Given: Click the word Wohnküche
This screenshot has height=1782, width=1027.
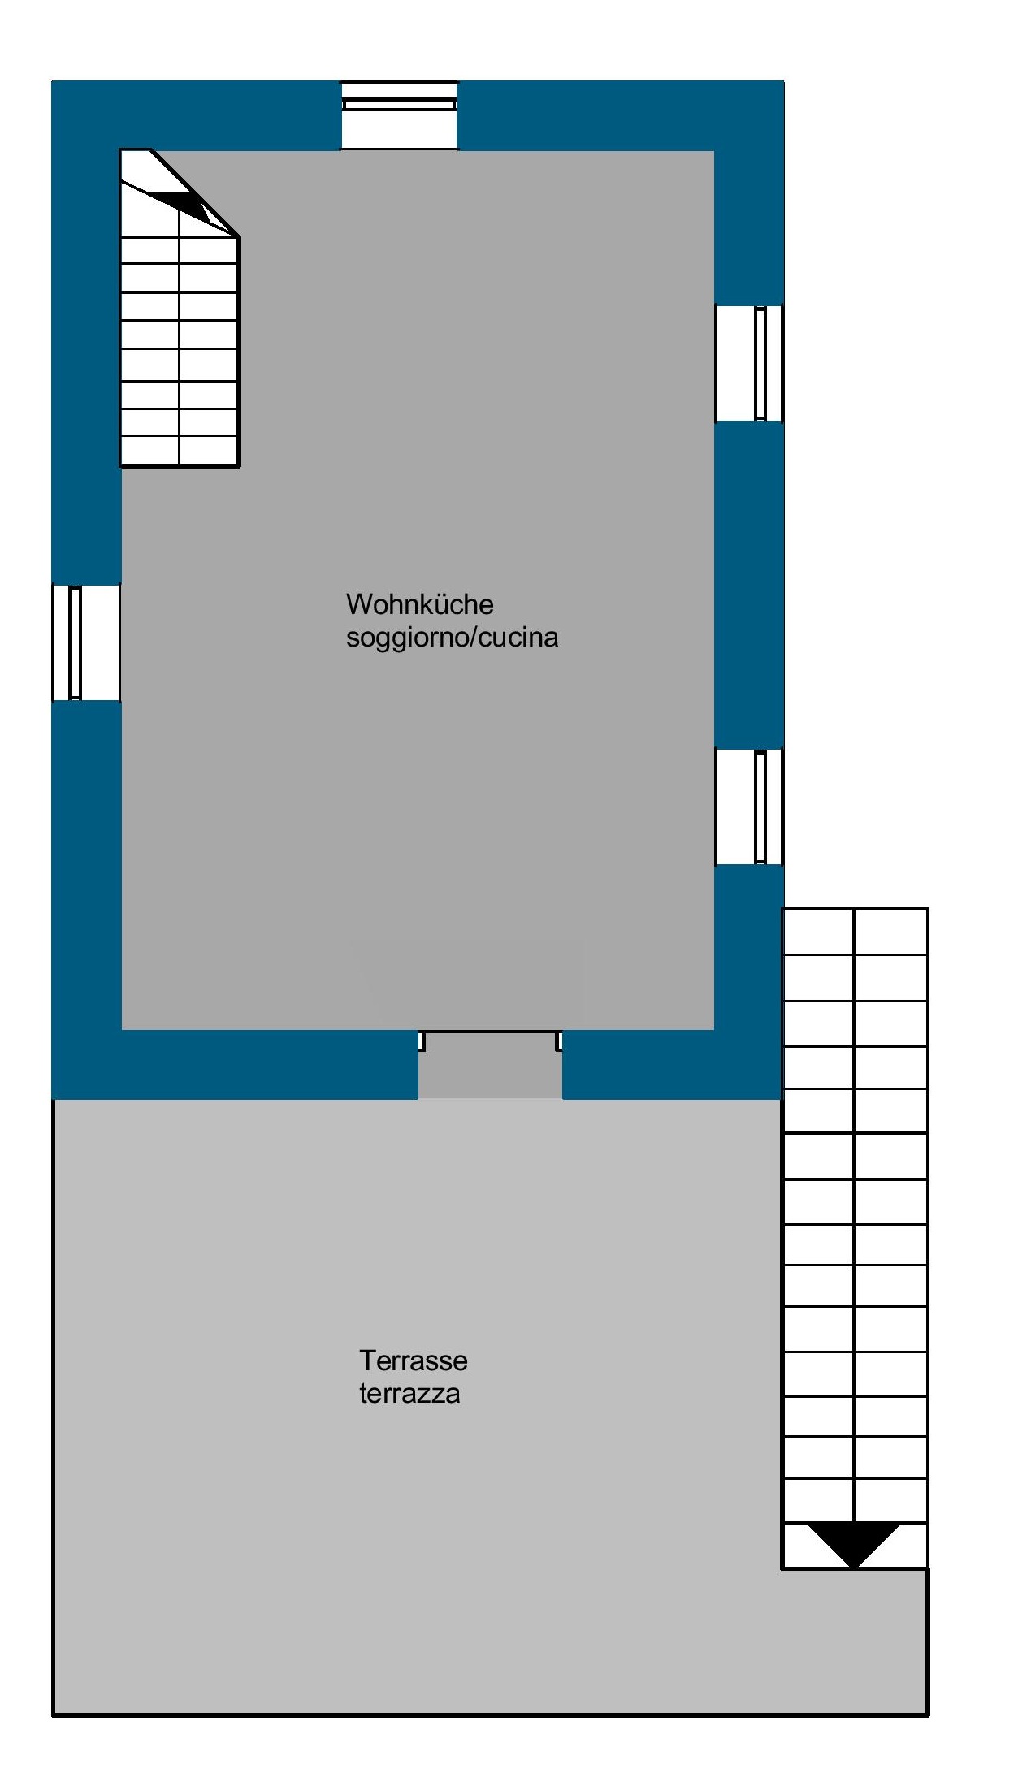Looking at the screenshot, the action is [x=419, y=604].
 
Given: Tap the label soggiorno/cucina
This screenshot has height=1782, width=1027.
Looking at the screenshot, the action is [x=452, y=638].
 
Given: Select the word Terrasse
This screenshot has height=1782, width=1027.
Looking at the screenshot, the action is [x=414, y=1360].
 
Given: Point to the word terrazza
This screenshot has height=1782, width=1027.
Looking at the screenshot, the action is [x=409, y=1393].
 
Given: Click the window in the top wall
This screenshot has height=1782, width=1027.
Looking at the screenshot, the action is [x=399, y=115].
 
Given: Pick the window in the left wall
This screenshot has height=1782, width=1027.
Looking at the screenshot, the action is [x=86, y=642].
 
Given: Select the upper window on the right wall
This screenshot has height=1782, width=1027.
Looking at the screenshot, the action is [x=749, y=363].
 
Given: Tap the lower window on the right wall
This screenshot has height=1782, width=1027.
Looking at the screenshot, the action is [x=749, y=807].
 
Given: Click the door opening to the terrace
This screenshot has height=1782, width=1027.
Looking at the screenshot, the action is [x=490, y=1064].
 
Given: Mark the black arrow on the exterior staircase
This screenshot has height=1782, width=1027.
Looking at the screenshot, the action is [x=854, y=1544].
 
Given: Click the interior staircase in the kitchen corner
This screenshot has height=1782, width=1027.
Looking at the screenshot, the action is [x=180, y=308].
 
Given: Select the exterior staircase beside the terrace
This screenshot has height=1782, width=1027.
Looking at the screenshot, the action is [x=855, y=1238].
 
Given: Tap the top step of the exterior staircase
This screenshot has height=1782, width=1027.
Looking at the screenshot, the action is [x=855, y=931].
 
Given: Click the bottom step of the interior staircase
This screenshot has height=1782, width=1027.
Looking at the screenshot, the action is [x=180, y=452].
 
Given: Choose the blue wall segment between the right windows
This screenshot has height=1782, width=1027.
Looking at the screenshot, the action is [x=749, y=585].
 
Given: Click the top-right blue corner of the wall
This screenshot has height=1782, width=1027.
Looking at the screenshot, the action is [x=749, y=115].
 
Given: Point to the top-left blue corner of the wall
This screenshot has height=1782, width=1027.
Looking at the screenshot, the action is [x=86, y=115].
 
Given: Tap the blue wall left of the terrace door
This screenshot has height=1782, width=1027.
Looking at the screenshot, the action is [x=235, y=1064].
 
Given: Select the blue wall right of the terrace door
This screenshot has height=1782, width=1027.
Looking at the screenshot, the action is [x=673, y=1064].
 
